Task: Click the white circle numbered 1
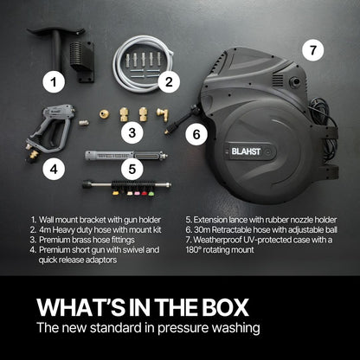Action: click(x=55, y=83)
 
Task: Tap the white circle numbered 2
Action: click(x=169, y=83)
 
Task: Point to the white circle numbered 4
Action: click(x=55, y=170)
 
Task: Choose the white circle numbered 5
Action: click(x=131, y=170)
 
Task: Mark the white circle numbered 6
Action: click(x=196, y=134)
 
